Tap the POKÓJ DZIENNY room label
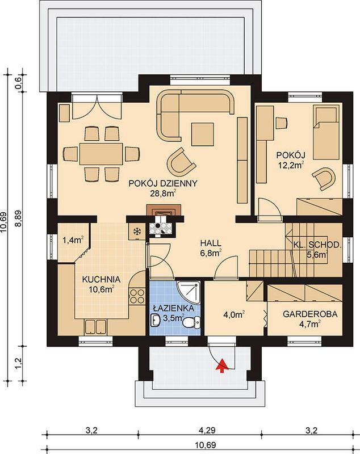point(163,183)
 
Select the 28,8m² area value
point(163,193)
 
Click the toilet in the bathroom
point(192,322)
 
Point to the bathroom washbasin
point(156,320)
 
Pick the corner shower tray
point(189,292)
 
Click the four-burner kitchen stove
point(137,296)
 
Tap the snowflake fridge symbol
point(136,231)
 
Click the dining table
point(102,154)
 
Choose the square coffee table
point(203,134)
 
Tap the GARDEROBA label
point(310,314)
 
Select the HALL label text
point(211,243)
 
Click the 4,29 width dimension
point(207,430)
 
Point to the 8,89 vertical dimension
point(18,218)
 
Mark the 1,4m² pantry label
point(73,240)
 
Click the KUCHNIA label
point(101,279)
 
